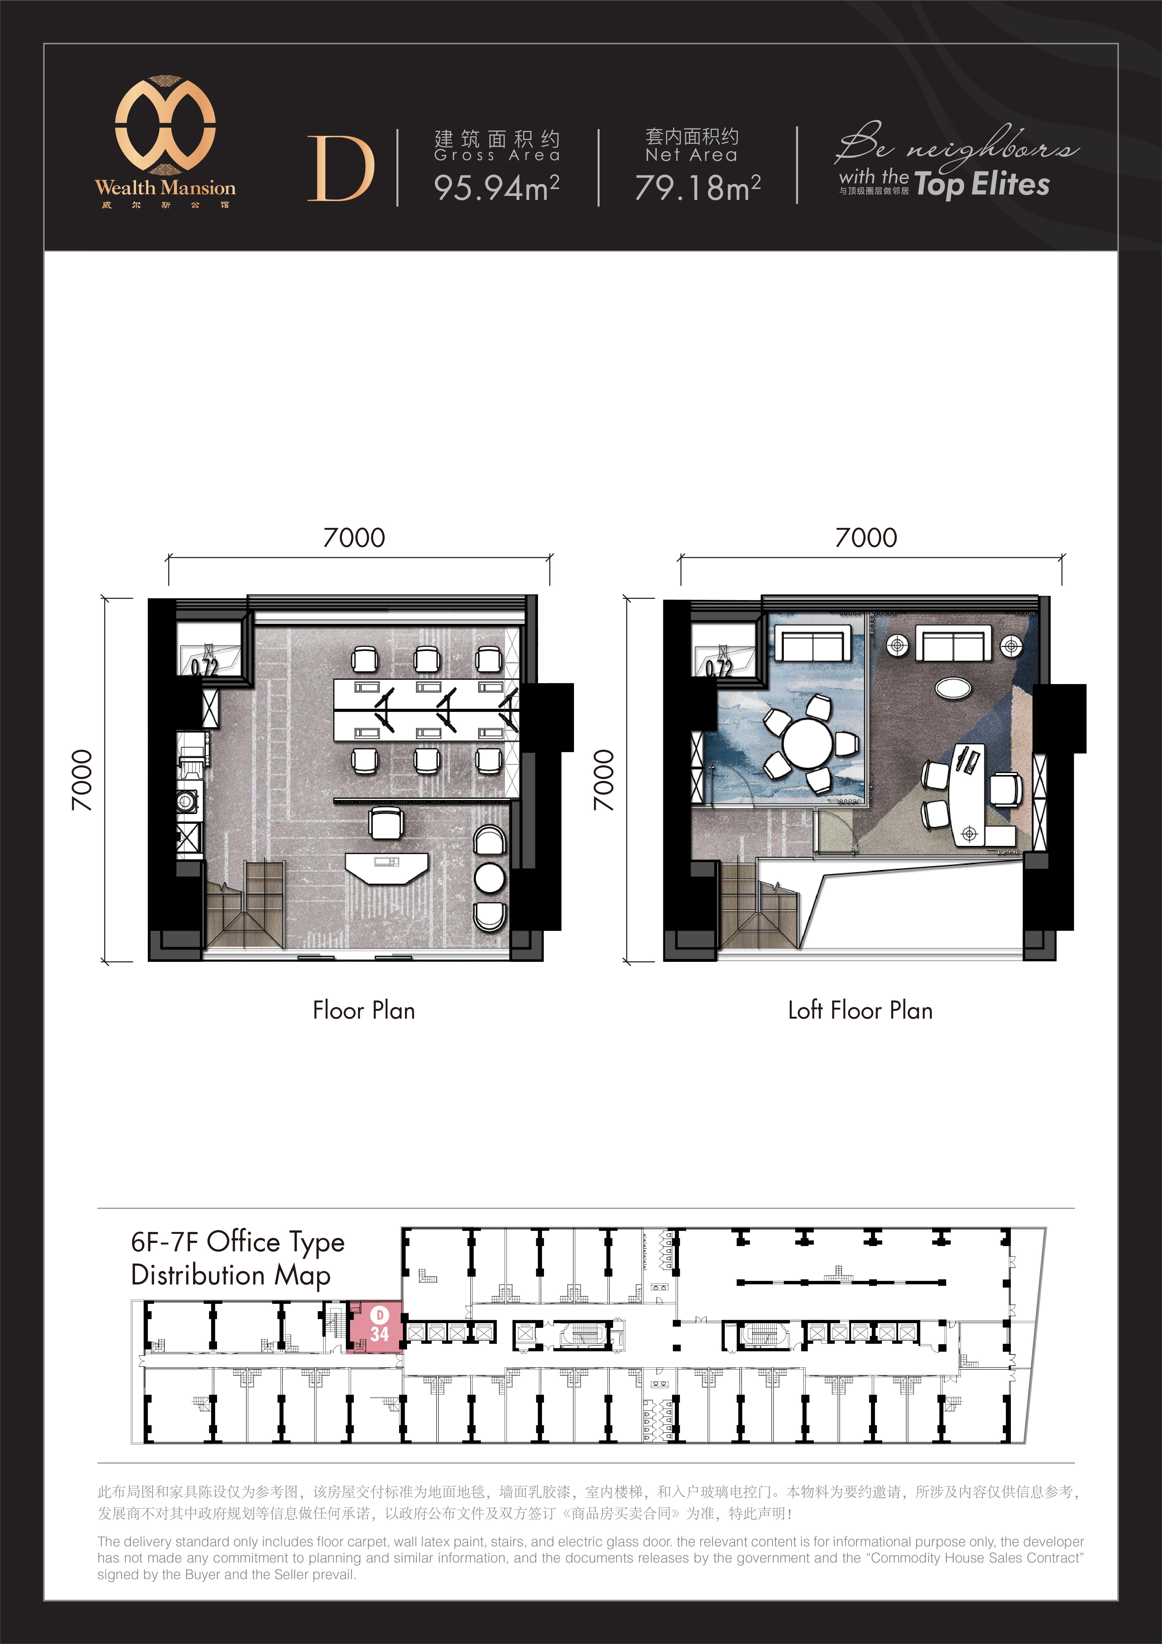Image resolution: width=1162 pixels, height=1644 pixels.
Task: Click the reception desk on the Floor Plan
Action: coord(387,867)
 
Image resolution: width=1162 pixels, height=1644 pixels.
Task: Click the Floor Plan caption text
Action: coord(364,1010)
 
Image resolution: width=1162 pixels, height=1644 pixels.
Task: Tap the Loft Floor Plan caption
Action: coord(860,1010)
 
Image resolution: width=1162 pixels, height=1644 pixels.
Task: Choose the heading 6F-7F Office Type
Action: coord(238,1242)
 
